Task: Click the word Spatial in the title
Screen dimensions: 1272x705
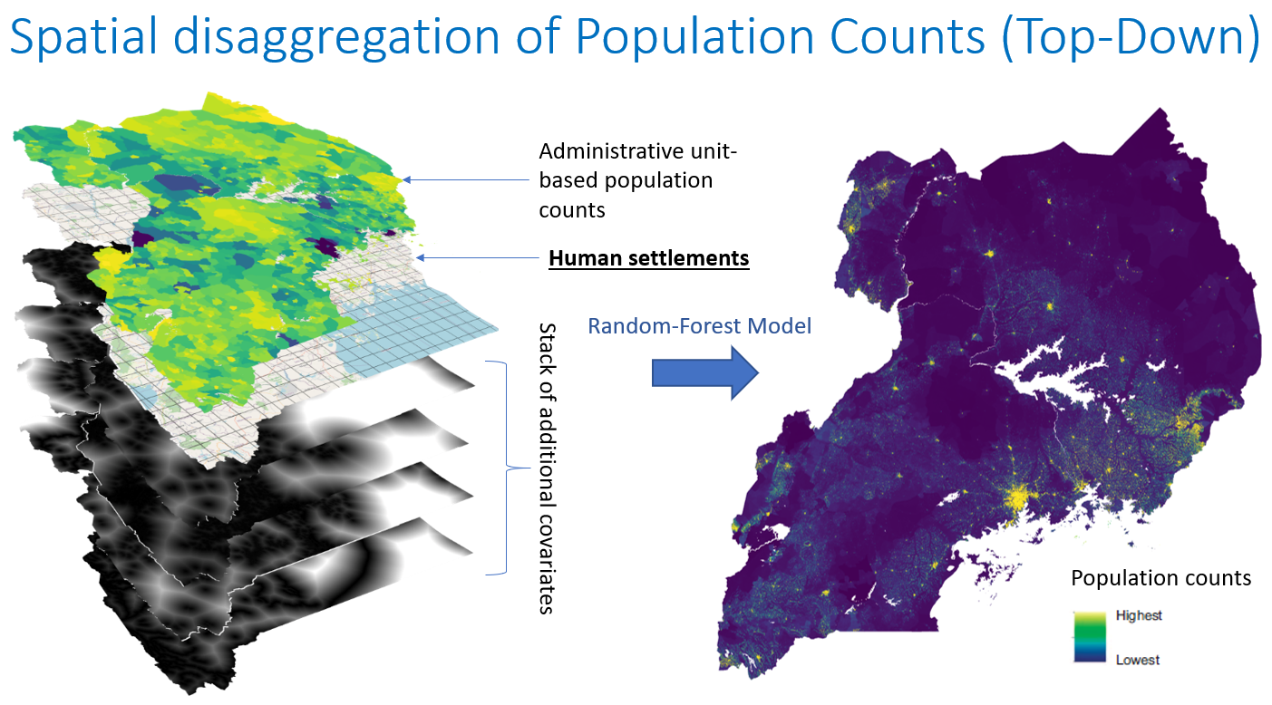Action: (84, 37)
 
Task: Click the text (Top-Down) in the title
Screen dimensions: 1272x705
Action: (1131, 37)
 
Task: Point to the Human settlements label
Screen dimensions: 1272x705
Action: (648, 258)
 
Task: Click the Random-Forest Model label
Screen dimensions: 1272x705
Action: (700, 326)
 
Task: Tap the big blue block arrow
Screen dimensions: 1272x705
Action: (704, 373)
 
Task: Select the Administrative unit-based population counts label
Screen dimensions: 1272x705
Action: (637, 180)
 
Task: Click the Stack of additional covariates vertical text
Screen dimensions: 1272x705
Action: (547, 468)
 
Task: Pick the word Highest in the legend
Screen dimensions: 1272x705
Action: (1139, 615)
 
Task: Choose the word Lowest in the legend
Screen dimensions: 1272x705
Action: (1138, 660)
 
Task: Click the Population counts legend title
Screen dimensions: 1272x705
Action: (1160, 578)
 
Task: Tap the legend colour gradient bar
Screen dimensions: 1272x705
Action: (1090, 637)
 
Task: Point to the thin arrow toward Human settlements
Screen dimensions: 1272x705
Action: (477, 257)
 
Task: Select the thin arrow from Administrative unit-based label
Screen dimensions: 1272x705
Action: (466, 180)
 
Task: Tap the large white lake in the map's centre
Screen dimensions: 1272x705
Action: (1051, 374)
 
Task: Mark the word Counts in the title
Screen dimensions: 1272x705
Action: (907, 37)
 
